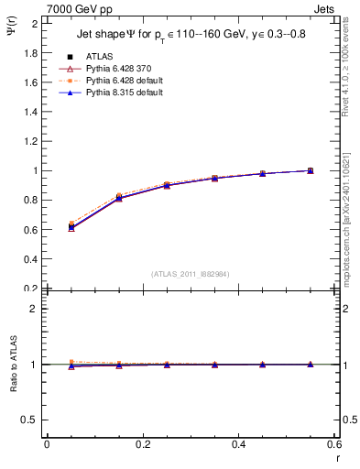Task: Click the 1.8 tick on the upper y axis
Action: coord(32,52)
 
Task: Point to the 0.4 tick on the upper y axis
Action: coord(32,259)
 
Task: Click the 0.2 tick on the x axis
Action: coord(142,444)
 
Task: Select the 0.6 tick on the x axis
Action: coord(334,444)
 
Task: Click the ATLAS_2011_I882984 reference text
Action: coord(191,273)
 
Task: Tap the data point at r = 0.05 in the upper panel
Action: coord(71,226)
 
